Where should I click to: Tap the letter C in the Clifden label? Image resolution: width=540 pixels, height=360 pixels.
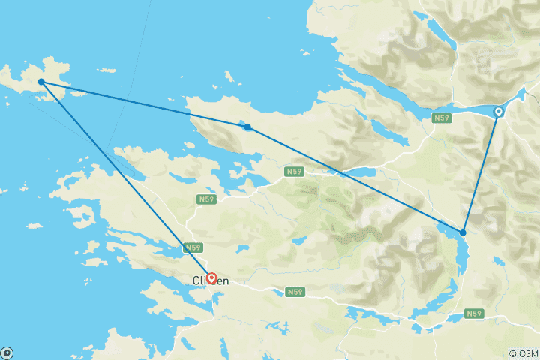point(196,280)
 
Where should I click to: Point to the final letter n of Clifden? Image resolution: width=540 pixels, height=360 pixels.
point(225,280)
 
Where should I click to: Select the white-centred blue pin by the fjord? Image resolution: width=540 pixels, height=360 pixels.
point(498,112)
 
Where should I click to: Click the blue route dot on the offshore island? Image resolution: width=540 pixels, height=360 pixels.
point(41,81)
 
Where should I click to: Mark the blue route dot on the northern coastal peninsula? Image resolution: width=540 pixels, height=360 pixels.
point(247,127)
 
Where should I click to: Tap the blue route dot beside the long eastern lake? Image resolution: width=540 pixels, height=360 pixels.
point(463,232)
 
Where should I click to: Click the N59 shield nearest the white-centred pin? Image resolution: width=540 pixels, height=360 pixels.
point(442,118)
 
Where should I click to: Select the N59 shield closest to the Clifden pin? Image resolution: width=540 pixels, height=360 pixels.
point(193,247)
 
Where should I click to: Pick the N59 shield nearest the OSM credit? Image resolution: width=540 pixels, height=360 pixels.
point(473,313)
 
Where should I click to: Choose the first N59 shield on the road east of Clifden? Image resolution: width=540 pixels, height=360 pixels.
point(295,291)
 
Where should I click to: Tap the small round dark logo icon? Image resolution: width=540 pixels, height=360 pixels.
point(7,352)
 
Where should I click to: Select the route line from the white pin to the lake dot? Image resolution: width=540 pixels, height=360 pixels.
point(481,172)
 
